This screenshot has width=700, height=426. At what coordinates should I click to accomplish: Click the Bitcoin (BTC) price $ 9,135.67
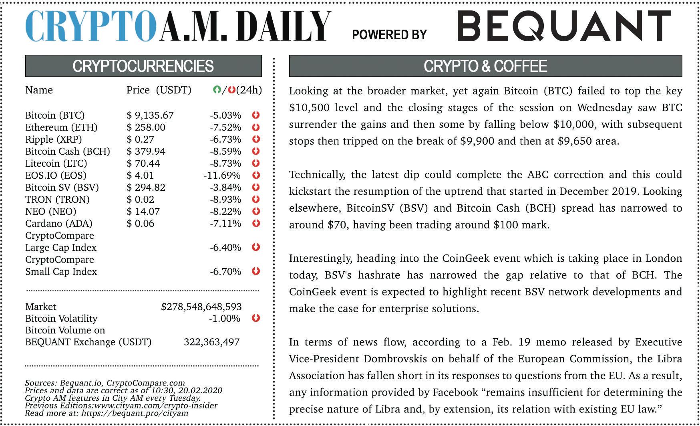coord(150,115)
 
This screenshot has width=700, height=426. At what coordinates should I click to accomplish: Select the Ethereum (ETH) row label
coord(61,127)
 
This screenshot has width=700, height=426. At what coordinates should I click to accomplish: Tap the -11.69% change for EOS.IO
coord(222,176)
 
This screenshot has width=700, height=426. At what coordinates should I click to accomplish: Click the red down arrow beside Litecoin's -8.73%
coord(256,163)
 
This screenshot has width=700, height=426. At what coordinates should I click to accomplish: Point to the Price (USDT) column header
coord(159,90)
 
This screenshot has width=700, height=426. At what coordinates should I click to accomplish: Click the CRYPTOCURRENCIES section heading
coord(143,66)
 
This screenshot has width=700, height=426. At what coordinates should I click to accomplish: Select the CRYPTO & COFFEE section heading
coord(485,66)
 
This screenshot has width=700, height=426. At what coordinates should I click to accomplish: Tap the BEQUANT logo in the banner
coord(564,26)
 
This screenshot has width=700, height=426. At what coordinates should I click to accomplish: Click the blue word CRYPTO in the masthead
coord(91,26)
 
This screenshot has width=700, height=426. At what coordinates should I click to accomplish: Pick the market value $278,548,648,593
coord(201,307)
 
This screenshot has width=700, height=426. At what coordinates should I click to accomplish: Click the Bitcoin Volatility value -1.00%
coord(225,319)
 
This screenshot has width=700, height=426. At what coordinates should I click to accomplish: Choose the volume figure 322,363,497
coord(211,342)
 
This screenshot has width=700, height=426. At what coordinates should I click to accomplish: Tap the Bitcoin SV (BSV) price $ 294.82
coord(146,188)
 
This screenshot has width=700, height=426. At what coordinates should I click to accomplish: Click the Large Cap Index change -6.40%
coord(225,248)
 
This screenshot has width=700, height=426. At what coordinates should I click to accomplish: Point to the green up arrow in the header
coord(217,90)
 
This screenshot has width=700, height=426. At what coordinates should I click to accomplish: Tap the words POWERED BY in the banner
coord(389,35)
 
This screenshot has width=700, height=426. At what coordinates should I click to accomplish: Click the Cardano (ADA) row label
coord(58,224)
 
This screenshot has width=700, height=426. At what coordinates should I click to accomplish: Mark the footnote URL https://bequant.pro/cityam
coord(135,413)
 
